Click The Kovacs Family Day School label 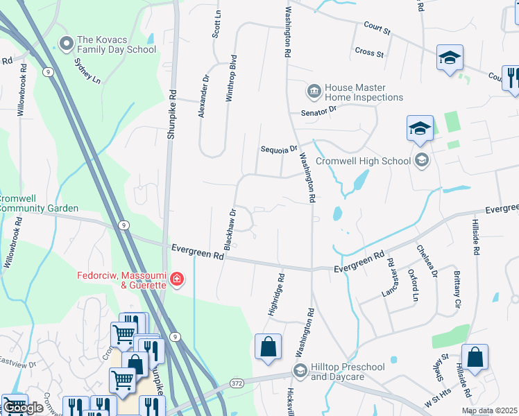point(117,44)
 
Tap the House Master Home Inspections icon point(314,91)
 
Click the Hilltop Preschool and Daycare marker point(300,370)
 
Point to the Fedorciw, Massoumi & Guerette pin point(178,279)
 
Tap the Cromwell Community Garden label point(39,203)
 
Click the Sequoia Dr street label point(279,149)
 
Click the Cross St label point(369,52)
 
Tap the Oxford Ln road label point(415,285)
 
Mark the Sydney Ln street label point(87,69)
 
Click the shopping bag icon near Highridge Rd point(268,347)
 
